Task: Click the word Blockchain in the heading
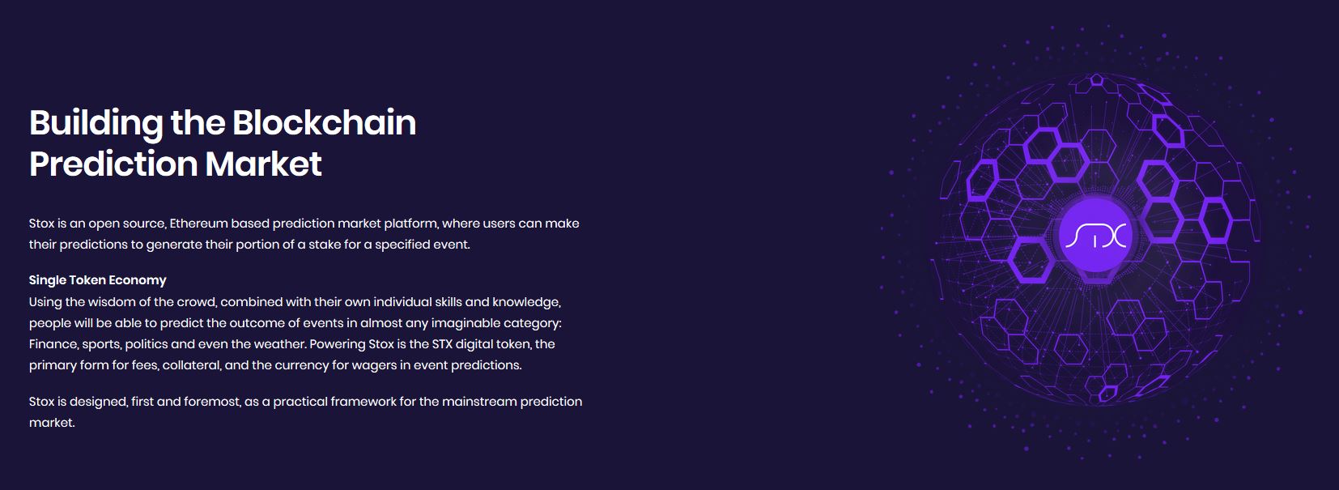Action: pos(323,122)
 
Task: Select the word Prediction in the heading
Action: pos(113,164)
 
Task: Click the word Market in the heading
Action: pos(264,164)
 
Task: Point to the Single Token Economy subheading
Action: pos(97,280)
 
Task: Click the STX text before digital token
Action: pos(442,344)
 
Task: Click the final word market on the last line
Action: pos(52,423)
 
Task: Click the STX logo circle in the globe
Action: pos(1095,235)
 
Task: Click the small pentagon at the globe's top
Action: pos(1097,79)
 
